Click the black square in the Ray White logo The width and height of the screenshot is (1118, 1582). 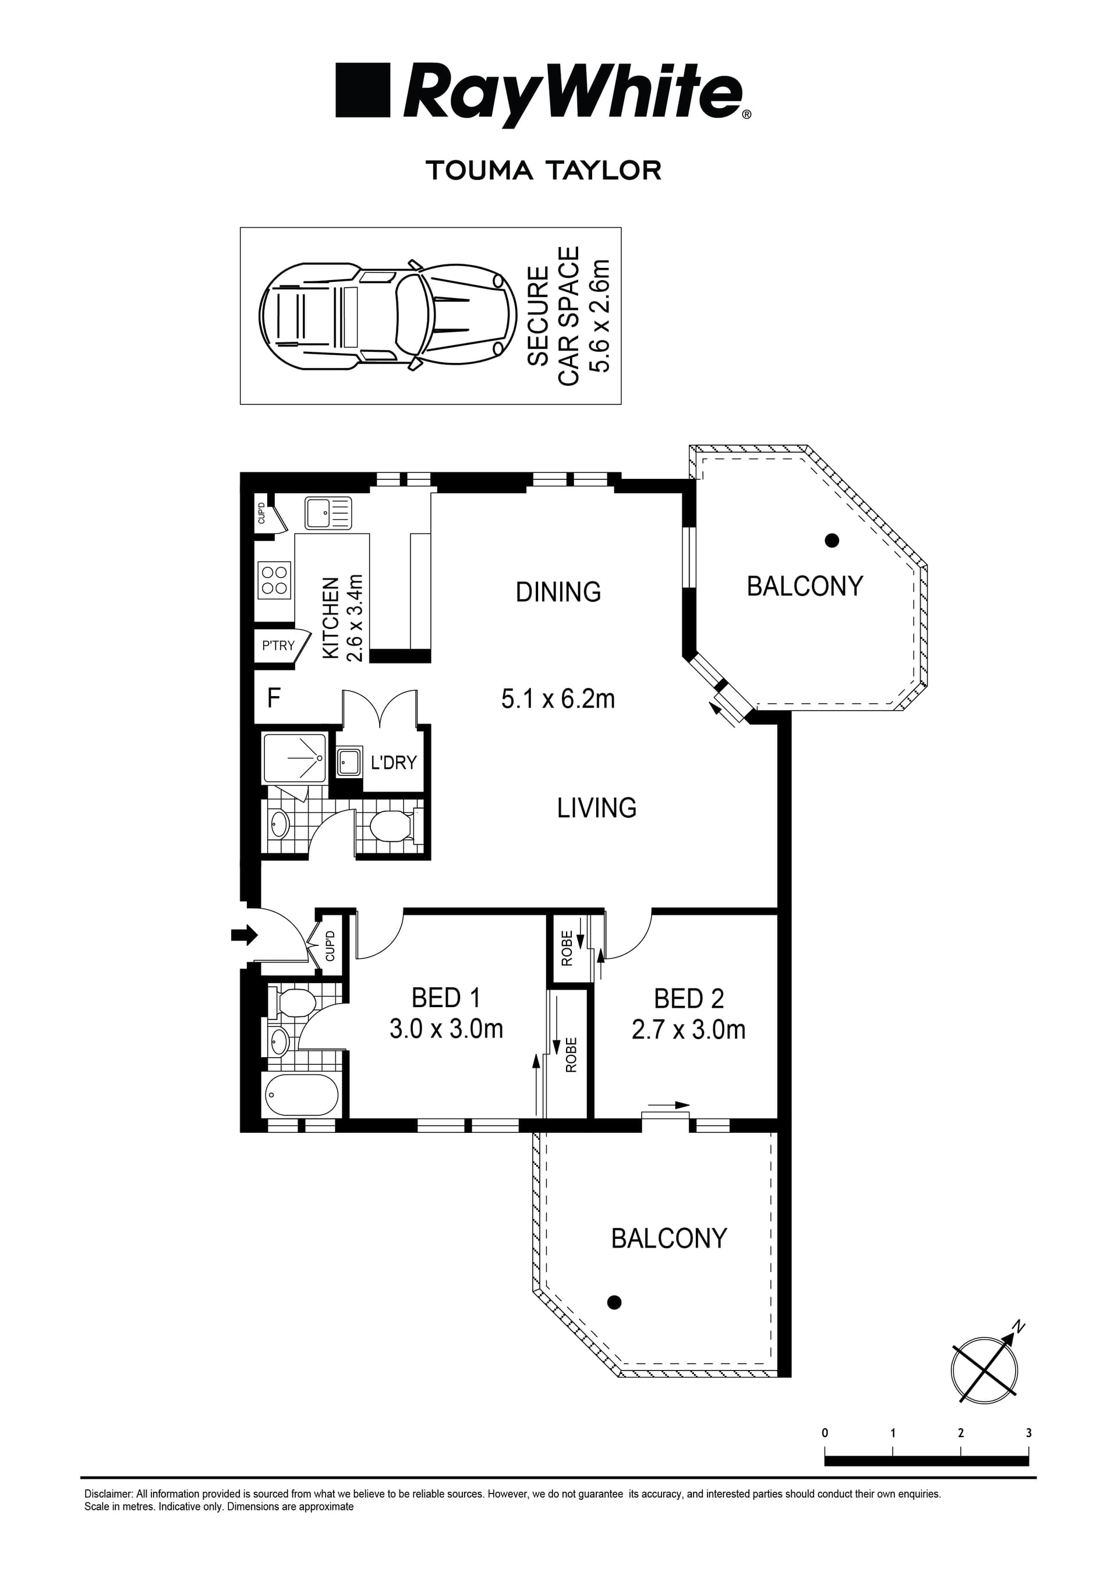362,90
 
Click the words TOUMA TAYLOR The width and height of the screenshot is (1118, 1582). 543,170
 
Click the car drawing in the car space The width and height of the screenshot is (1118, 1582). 388,316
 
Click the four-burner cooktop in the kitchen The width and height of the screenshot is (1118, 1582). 274,580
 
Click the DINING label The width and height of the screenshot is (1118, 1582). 558,592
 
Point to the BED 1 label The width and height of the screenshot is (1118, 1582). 445,998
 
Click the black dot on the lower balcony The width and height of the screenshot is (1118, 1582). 614,1302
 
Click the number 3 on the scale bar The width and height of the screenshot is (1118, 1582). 1028,1432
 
